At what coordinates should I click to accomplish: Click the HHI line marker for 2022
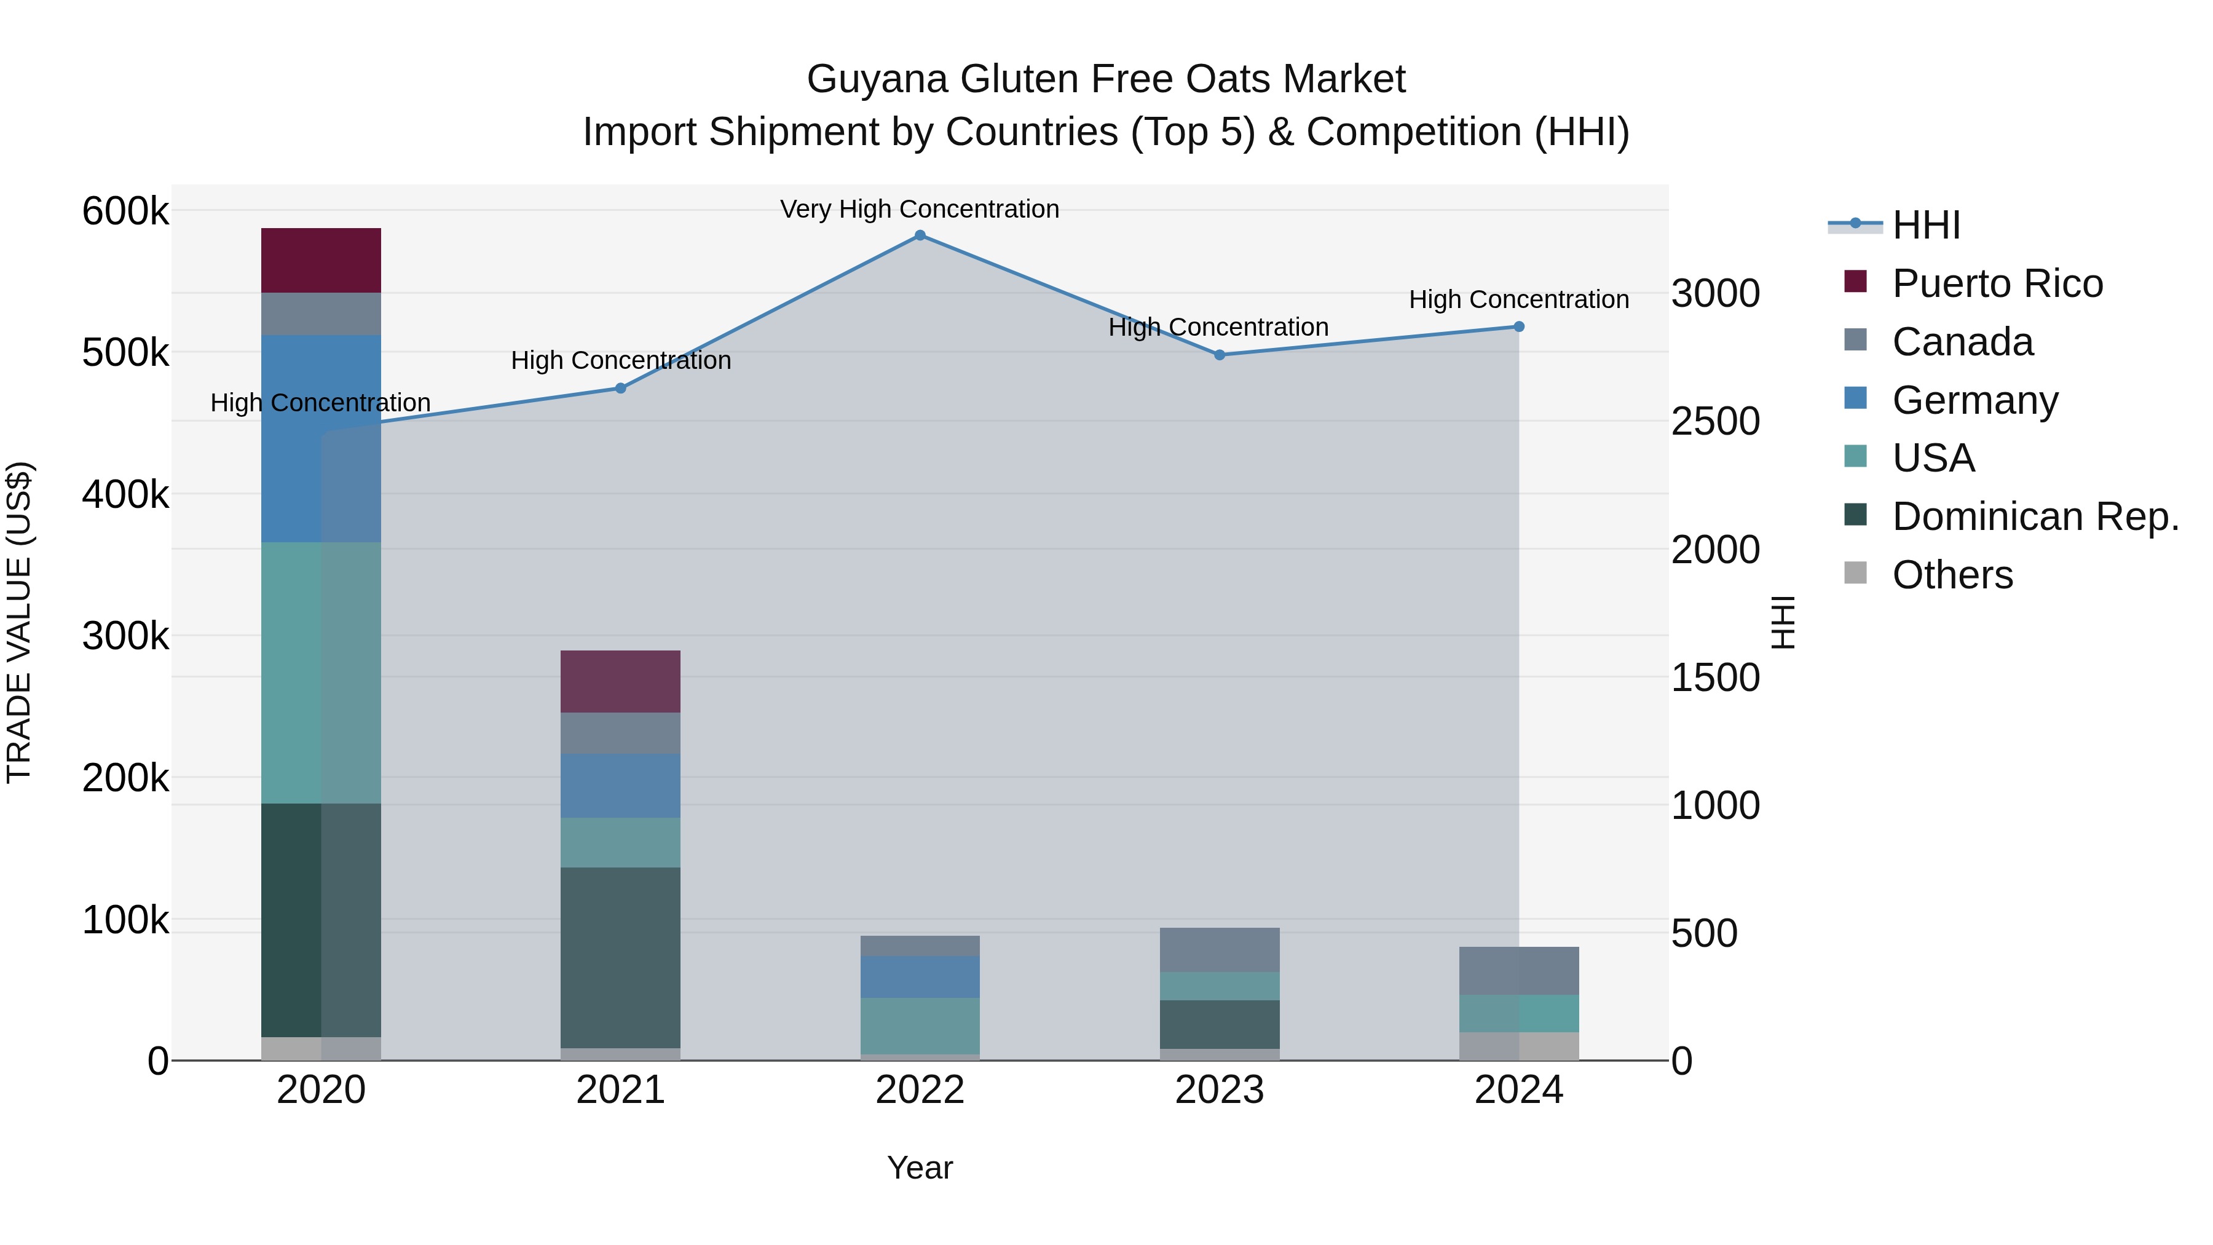[x=920, y=235]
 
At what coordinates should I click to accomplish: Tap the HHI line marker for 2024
[x=1519, y=326]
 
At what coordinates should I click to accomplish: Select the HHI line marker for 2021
[x=620, y=389]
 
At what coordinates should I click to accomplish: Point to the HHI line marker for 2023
[x=1219, y=355]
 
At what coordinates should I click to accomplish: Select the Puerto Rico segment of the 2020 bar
[x=320, y=260]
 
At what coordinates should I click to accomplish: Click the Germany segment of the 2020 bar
[x=320, y=438]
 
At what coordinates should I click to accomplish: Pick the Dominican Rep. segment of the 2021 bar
[x=620, y=957]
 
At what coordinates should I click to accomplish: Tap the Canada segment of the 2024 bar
[x=1519, y=971]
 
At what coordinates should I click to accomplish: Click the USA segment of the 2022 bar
[x=920, y=1026]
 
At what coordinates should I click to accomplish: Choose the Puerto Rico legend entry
[x=1997, y=283]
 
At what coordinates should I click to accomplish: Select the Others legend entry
[x=1952, y=575]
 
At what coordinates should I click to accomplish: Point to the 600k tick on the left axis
[x=125, y=210]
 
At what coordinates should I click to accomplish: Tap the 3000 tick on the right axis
[x=1714, y=294]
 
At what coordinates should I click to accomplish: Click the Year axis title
[x=919, y=1168]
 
